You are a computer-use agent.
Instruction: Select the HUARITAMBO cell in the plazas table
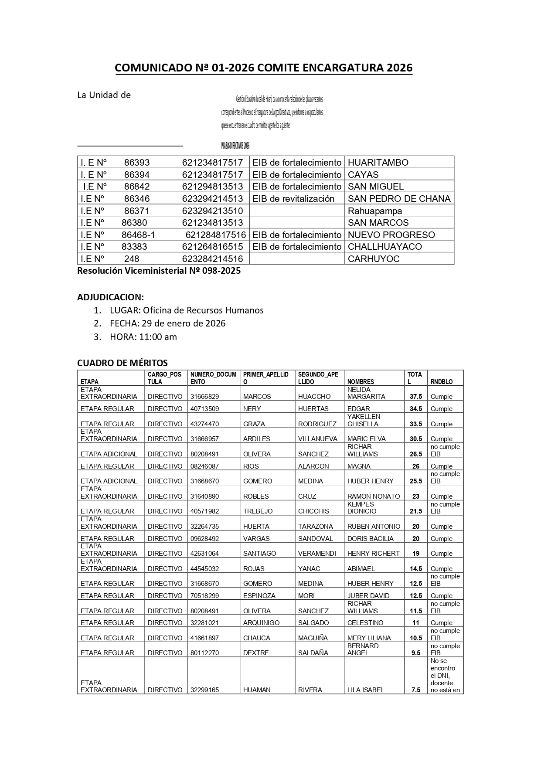click(378, 163)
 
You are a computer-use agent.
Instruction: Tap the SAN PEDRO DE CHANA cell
click(399, 199)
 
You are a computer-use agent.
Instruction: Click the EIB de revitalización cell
click(293, 199)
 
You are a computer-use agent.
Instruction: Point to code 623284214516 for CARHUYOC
click(212, 259)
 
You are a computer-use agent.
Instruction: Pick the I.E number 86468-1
click(138, 235)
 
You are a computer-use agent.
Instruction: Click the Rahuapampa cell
click(375, 211)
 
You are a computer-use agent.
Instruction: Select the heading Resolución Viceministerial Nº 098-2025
click(159, 271)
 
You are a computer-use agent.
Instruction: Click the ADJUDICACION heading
click(110, 297)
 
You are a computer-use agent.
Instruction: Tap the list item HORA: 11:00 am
click(143, 337)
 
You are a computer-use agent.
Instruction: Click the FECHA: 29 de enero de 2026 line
click(167, 323)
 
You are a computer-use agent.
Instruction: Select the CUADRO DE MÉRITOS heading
click(122, 363)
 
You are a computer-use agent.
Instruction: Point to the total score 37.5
click(415, 397)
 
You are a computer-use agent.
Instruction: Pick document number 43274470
click(204, 424)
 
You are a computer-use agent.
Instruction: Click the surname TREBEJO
click(258, 511)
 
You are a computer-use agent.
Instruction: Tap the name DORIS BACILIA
click(370, 539)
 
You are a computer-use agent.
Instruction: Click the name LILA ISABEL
click(366, 690)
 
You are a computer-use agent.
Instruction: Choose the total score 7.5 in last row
click(415, 690)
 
